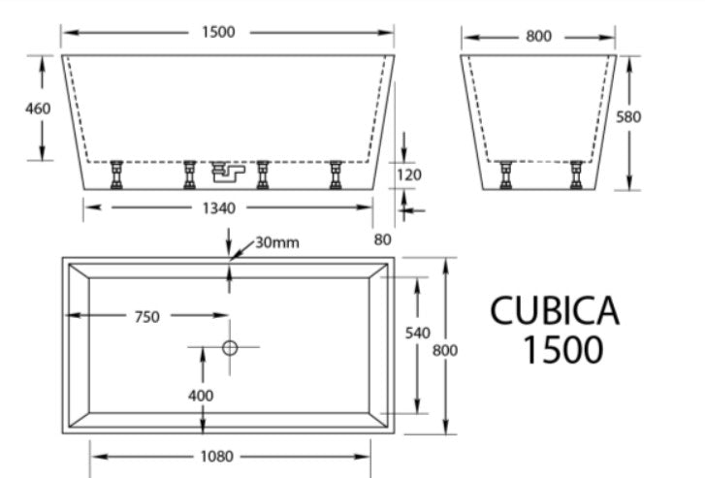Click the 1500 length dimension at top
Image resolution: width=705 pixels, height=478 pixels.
point(218,32)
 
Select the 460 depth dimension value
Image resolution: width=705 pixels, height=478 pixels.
point(37,109)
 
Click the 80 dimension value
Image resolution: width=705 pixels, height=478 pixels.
point(383,239)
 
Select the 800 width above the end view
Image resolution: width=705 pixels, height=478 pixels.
point(538,37)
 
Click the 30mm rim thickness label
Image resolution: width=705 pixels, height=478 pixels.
point(277,242)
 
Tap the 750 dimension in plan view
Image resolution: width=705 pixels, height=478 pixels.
point(146,316)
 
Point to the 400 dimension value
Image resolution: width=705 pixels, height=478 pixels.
point(203,397)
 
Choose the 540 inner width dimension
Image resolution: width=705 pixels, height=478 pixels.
point(417,333)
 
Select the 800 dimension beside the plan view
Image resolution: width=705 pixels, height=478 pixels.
point(445,347)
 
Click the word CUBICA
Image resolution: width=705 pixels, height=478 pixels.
point(554,311)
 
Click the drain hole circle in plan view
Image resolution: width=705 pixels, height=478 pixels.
point(230,346)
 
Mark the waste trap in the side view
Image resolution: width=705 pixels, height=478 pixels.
point(227,173)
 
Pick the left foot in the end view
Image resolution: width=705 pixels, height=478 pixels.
point(505,175)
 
